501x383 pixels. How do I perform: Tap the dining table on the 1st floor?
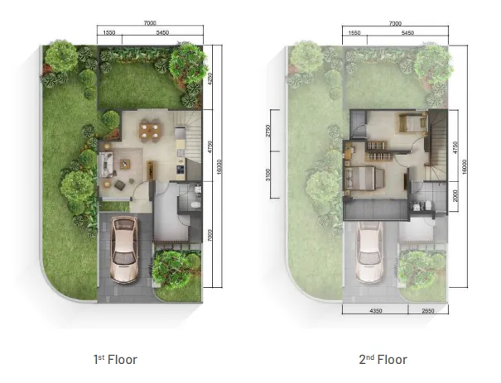click(x=150, y=129)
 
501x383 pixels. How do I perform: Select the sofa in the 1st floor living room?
click(x=107, y=163)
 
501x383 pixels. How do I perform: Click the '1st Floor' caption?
click(x=115, y=360)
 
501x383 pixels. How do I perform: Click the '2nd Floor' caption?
click(x=383, y=360)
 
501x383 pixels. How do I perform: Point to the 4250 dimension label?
click(x=212, y=80)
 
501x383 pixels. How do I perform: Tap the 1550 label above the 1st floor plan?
click(x=108, y=34)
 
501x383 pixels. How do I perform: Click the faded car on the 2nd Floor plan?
click(x=369, y=248)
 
